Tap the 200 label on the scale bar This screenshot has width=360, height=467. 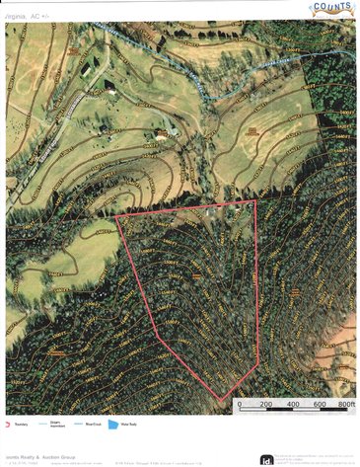[266, 405]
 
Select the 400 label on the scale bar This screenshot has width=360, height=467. [294, 405]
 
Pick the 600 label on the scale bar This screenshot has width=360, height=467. [320, 405]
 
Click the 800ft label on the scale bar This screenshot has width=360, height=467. [345, 405]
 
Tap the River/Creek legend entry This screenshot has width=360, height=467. [95, 425]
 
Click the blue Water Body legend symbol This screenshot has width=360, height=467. [112, 425]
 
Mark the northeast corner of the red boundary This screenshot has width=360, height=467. [255, 201]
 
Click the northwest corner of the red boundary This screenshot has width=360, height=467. [116, 216]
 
